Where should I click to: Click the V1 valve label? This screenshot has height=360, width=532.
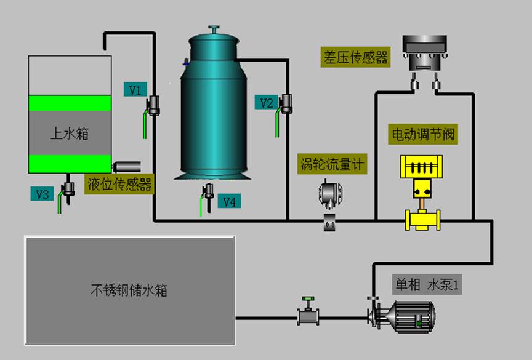(135, 90)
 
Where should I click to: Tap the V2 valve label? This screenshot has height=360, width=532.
(265, 103)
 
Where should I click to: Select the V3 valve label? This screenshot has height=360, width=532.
(42, 194)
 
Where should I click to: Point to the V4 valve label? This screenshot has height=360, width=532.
(229, 201)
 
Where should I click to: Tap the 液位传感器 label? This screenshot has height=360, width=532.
(119, 184)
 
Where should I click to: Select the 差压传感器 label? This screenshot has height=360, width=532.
(356, 58)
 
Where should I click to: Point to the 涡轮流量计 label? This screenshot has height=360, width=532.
(332, 164)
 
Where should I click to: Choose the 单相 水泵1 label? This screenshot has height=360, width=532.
(428, 285)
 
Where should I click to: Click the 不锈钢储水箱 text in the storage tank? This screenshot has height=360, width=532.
(129, 290)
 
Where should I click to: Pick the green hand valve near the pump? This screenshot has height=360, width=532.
(306, 316)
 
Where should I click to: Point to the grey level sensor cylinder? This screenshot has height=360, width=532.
(126, 167)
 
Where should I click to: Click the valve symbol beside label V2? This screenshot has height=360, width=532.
(286, 102)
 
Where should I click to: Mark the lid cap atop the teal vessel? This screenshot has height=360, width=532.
(214, 30)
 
